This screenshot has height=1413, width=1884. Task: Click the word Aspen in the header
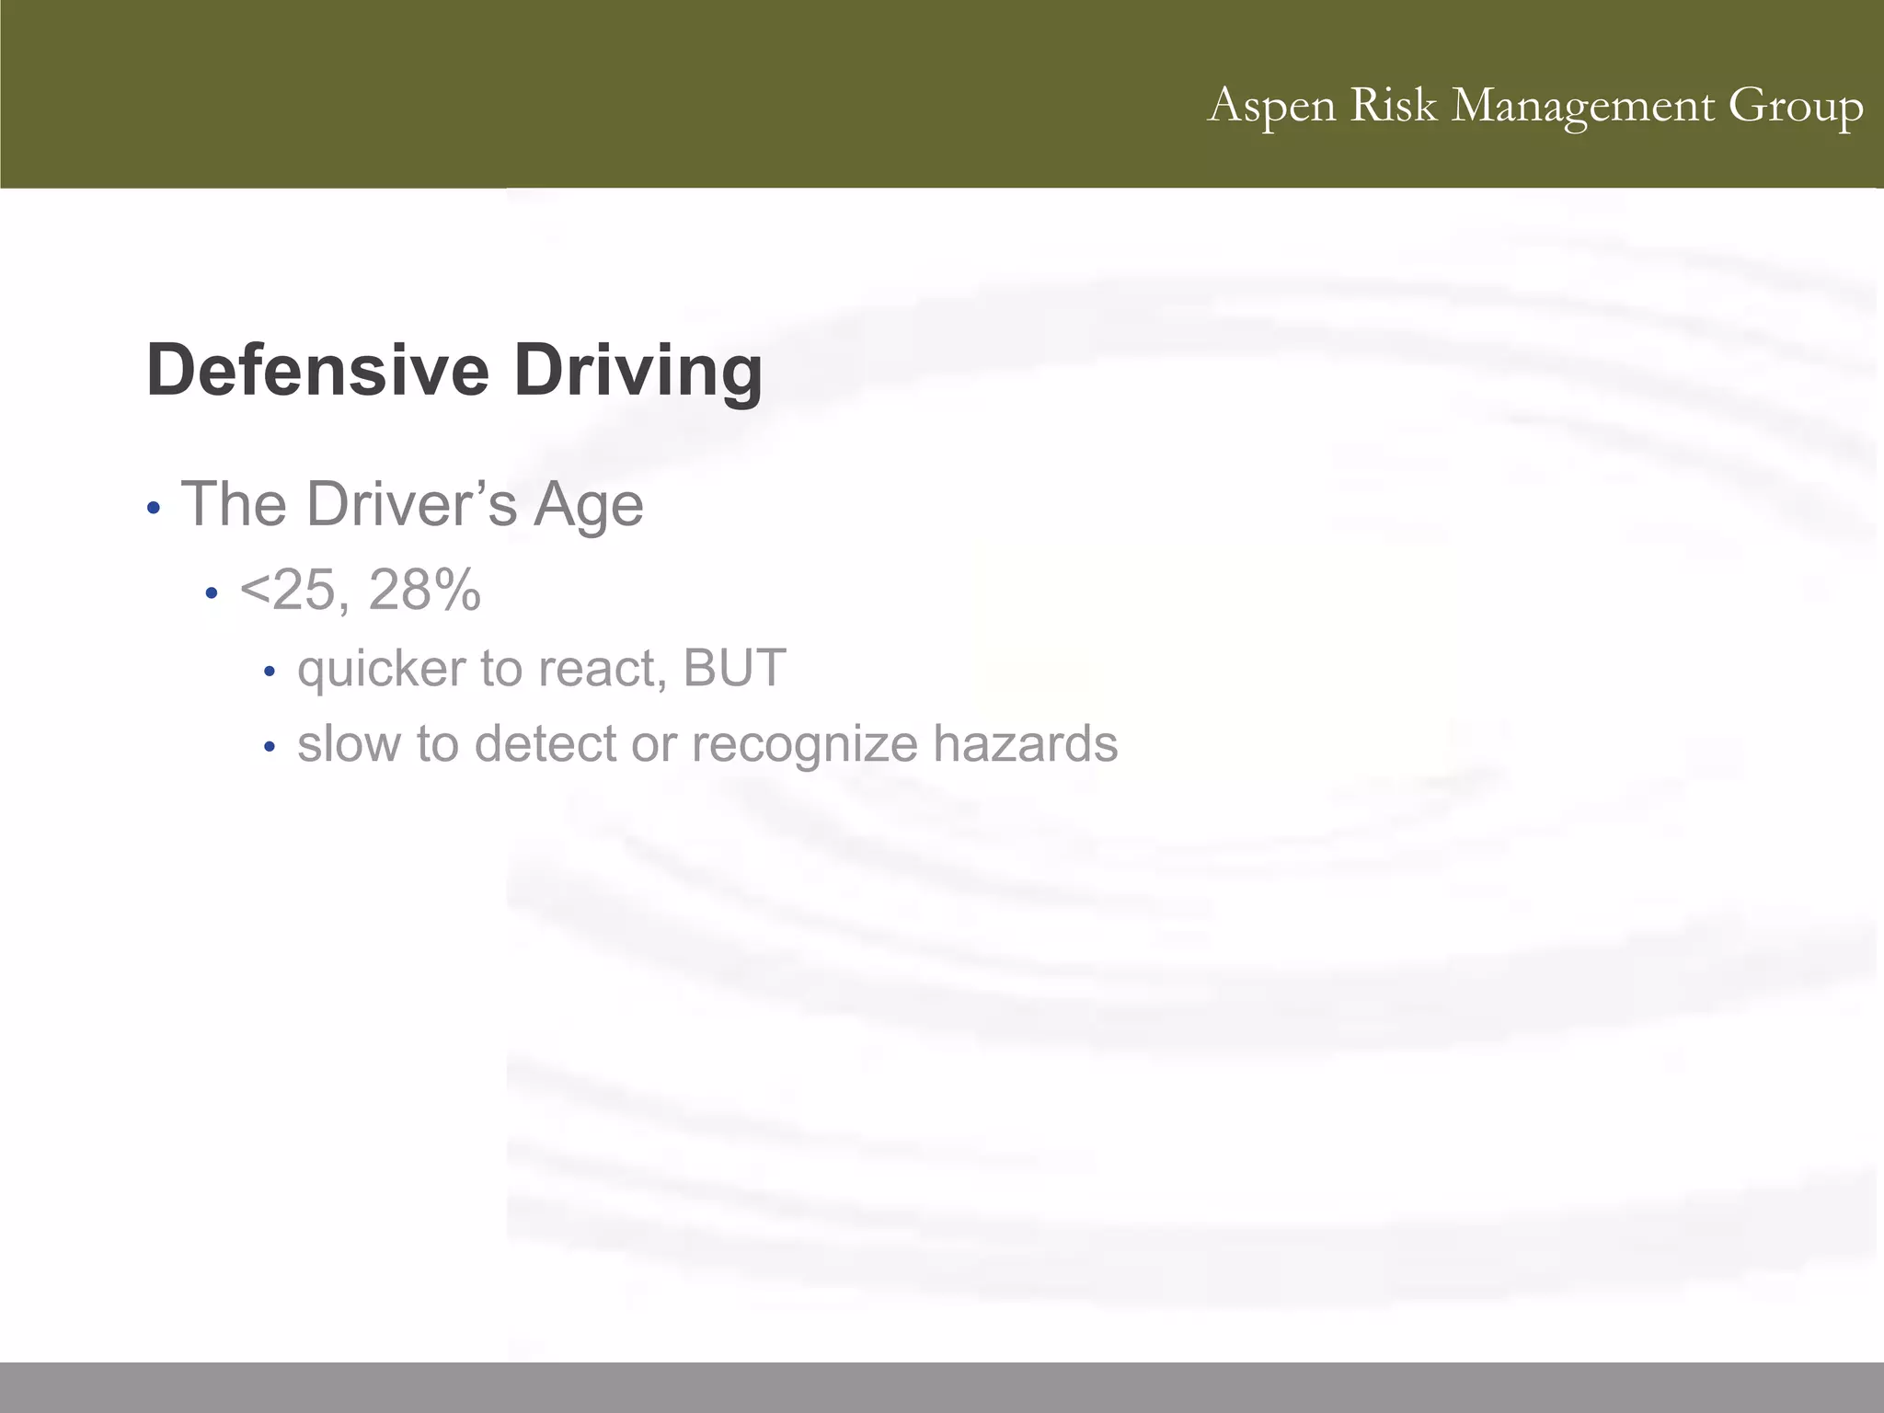[1272, 106]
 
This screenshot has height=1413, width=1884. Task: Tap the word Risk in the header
[1393, 104]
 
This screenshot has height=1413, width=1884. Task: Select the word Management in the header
[1583, 106]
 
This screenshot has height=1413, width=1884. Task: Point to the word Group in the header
[1796, 106]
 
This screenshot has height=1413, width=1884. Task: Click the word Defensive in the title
[317, 370]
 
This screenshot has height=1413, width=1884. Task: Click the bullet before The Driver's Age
[154, 508]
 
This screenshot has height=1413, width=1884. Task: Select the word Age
[589, 506]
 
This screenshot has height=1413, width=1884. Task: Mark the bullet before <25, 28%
[212, 593]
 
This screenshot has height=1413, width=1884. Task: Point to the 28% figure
[424, 590]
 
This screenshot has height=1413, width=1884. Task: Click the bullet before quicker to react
[269, 672]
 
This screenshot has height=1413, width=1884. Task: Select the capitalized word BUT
[734, 668]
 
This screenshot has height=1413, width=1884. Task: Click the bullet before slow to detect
[269, 748]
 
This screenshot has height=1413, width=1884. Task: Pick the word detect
[545, 743]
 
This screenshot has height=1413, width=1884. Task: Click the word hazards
[1025, 743]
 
